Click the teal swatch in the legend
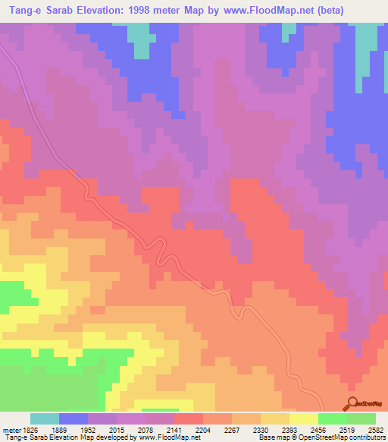click(x=45, y=418)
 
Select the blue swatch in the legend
click(x=74, y=418)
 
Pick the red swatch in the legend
click(x=189, y=418)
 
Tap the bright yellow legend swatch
click(x=304, y=418)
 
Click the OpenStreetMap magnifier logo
click(x=353, y=403)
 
